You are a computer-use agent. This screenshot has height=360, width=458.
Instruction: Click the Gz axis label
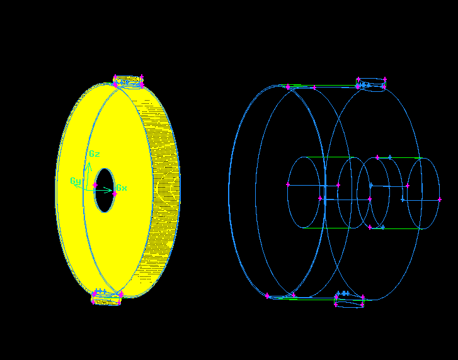94,154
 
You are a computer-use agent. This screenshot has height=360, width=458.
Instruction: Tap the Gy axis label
76,181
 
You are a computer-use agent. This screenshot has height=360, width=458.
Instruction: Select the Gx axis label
122,188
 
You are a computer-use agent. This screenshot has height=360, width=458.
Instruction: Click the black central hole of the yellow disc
105,190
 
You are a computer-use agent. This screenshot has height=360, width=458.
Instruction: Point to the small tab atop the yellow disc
129,81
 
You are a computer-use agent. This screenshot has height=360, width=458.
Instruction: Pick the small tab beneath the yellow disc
106,298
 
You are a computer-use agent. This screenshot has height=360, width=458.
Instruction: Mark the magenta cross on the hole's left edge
95,185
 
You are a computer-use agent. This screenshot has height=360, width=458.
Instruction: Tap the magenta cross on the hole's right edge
115,194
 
